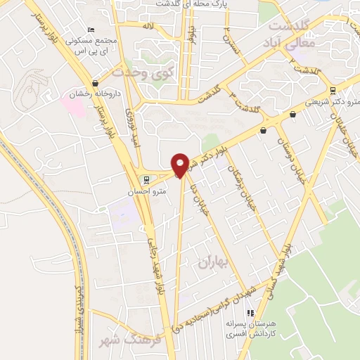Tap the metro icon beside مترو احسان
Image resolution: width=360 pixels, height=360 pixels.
(146, 179)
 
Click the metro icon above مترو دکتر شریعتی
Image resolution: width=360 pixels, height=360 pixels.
(333, 91)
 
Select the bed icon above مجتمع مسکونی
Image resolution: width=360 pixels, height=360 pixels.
(90, 30)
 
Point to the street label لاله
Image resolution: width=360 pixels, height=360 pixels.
(147, 25)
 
